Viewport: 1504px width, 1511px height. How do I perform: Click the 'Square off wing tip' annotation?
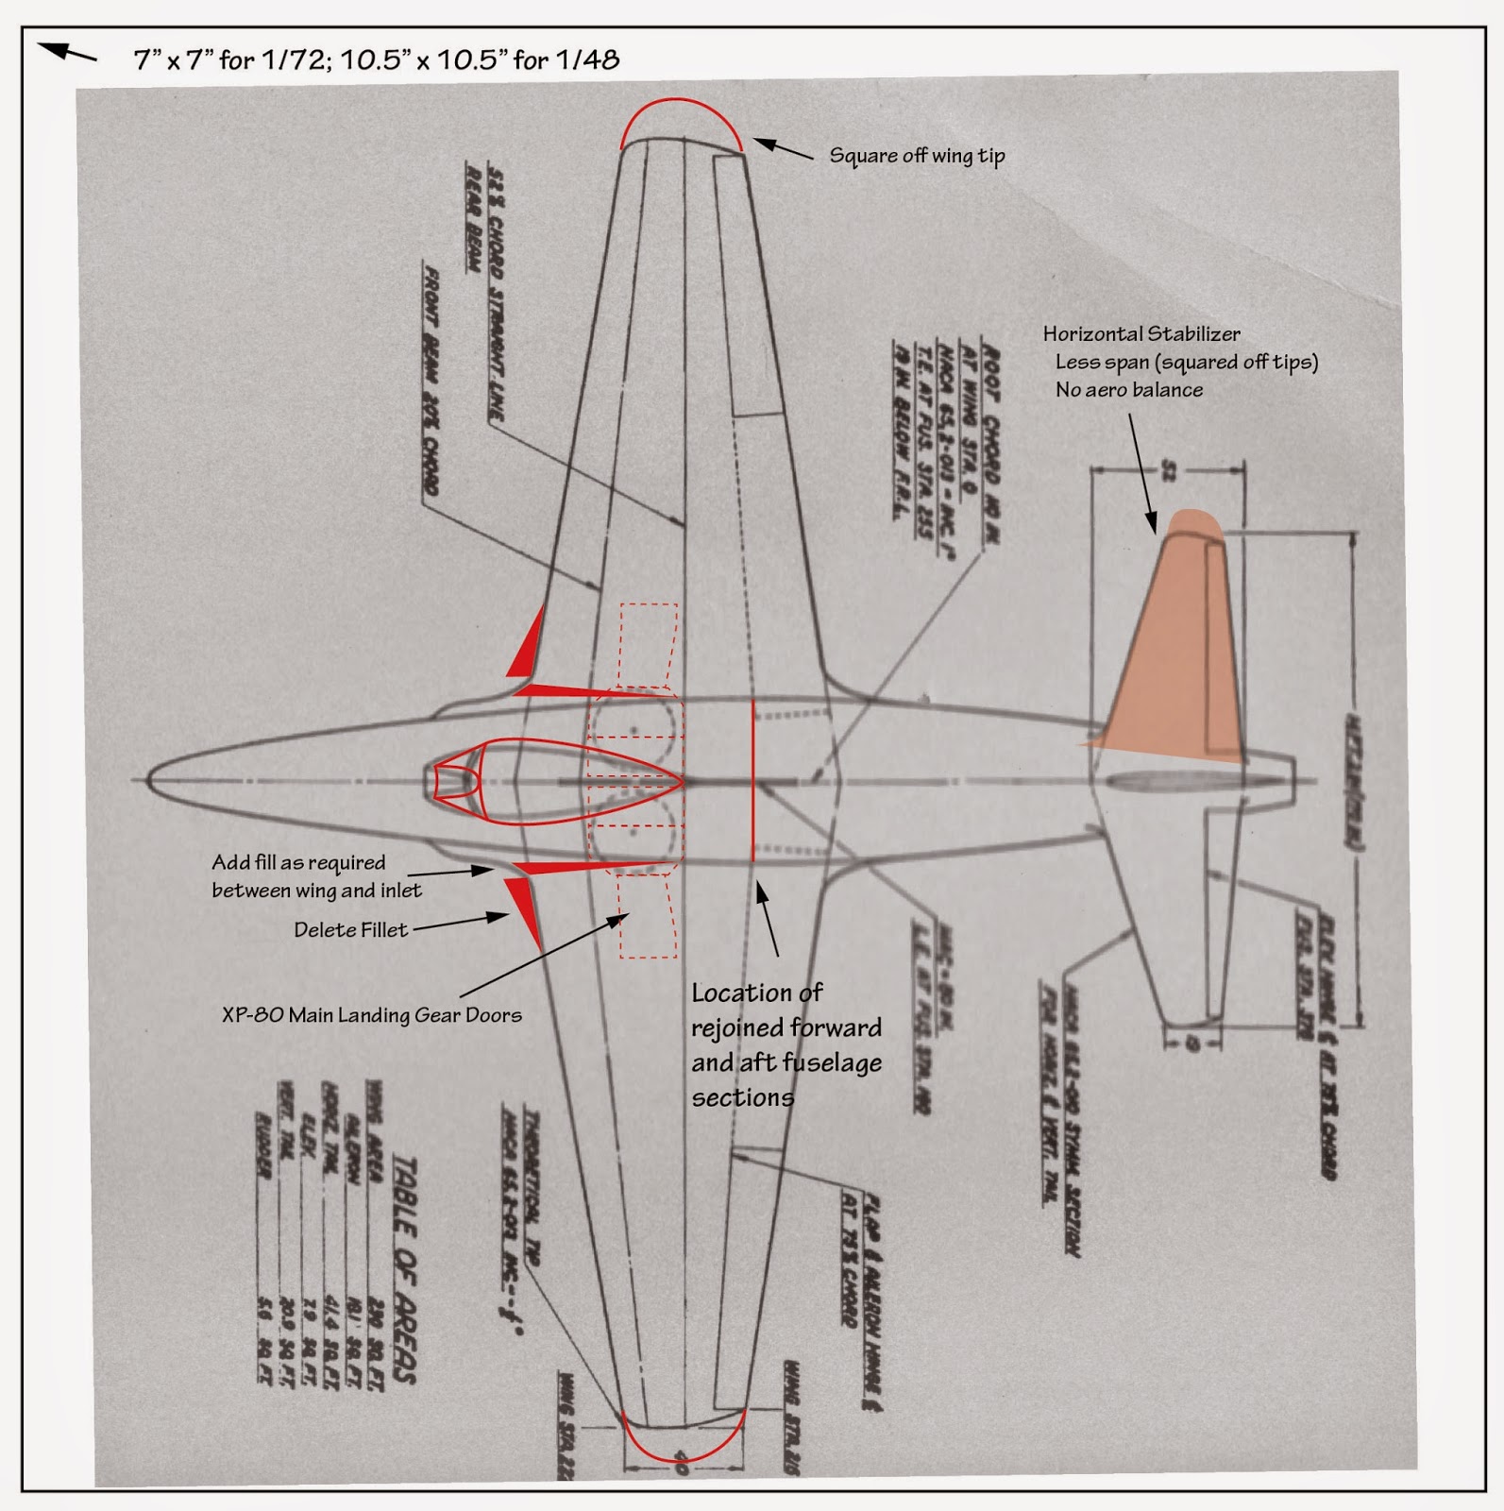coord(916,156)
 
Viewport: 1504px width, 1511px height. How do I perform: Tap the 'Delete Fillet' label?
coord(350,930)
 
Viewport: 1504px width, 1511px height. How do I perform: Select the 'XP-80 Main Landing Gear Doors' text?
coord(371,1015)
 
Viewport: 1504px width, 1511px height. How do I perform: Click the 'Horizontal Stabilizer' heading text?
coord(1141,333)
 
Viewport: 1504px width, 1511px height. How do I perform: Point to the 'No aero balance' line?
coord(1128,390)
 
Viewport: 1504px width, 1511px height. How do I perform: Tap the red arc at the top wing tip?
coord(681,102)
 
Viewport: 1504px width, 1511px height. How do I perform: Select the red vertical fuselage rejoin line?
coord(752,780)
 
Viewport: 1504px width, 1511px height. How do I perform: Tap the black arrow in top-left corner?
coord(66,53)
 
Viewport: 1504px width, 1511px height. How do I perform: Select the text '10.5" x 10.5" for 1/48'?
coord(479,60)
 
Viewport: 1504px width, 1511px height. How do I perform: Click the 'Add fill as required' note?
coord(298,862)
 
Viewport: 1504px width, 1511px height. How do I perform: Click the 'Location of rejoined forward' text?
coord(786,1027)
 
